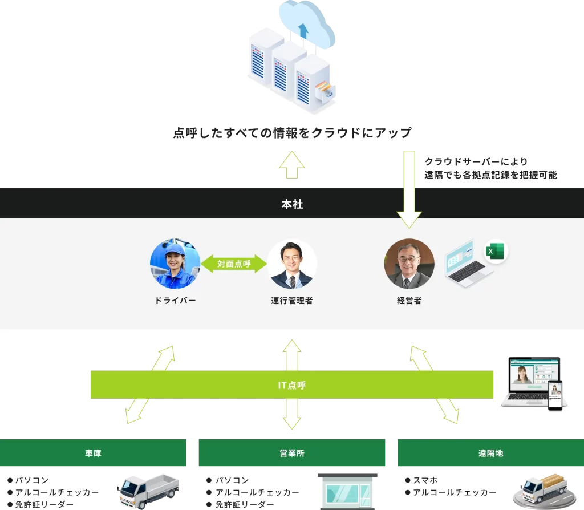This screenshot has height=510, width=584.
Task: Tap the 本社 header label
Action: [292, 204]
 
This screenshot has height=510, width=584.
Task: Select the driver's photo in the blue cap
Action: [175, 264]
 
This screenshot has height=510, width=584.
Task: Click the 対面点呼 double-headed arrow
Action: [233, 264]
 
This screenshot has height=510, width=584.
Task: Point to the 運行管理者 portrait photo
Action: [292, 264]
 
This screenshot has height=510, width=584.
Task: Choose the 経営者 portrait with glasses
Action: [409, 264]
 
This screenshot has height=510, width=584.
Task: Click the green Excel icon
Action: [496, 252]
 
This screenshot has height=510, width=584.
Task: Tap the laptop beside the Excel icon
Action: [465, 263]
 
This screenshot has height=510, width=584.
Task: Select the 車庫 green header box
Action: [93, 453]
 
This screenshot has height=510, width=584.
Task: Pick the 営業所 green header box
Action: [291, 453]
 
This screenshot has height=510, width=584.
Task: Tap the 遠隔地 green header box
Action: [490, 453]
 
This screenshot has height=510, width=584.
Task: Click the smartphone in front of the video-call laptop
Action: [555, 395]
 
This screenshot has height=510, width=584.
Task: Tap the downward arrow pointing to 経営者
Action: [409, 188]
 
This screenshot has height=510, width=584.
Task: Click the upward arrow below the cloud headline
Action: [292, 164]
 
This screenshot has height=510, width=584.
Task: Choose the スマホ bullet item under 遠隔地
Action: [425, 480]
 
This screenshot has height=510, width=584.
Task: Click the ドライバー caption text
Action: [175, 301]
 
